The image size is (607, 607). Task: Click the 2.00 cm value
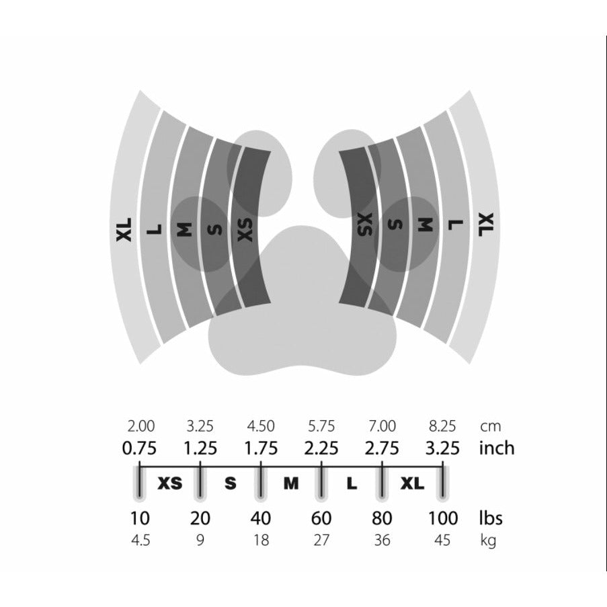[x=141, y=426]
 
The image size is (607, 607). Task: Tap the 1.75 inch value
[x=261, y=448]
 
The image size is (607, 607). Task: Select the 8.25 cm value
[x=442, y=426]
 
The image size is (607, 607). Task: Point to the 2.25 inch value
[x=321, y=448]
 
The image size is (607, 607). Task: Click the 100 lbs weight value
[x=443, y=518]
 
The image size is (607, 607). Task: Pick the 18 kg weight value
[x=261, y=540]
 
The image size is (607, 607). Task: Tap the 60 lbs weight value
[x=321, y=518]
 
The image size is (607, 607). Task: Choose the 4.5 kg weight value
[x=140, y=540]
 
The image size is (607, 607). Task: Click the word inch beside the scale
[x=497, y=448]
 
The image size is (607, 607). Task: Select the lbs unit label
[x=491, y=518]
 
